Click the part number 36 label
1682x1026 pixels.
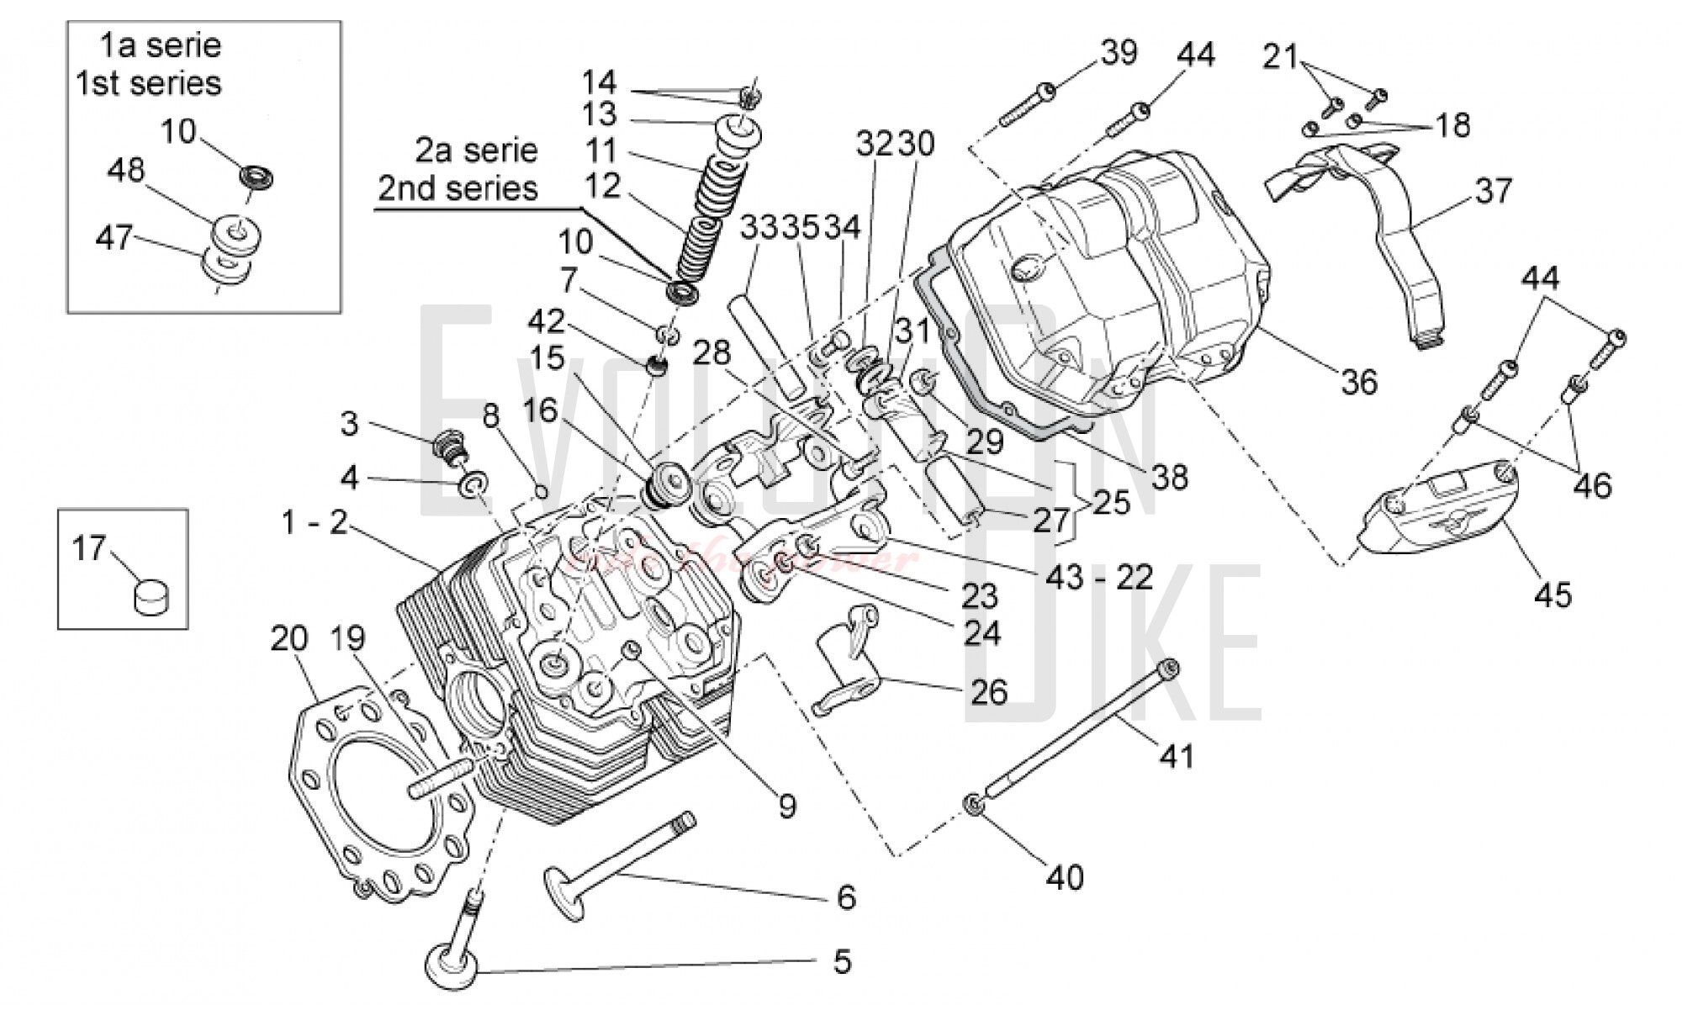(x=1359, y=383)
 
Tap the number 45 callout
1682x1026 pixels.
(x=1552, y=595)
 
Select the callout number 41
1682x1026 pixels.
(x=1177, y=756)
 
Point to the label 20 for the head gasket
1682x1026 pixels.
(x=289, y=639)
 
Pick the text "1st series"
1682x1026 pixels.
(x=149, y=83)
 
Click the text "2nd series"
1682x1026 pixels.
(x=458, y=188)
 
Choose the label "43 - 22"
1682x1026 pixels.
(x=1099, y=577)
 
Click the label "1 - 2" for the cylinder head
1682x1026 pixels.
(x=315, y=522)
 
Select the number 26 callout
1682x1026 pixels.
(x=989, y=692)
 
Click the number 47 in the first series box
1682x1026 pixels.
(x=114, y=238)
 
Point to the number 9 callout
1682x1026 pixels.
(x=786, y=807)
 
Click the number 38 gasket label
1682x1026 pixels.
(x=1169, y=478)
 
